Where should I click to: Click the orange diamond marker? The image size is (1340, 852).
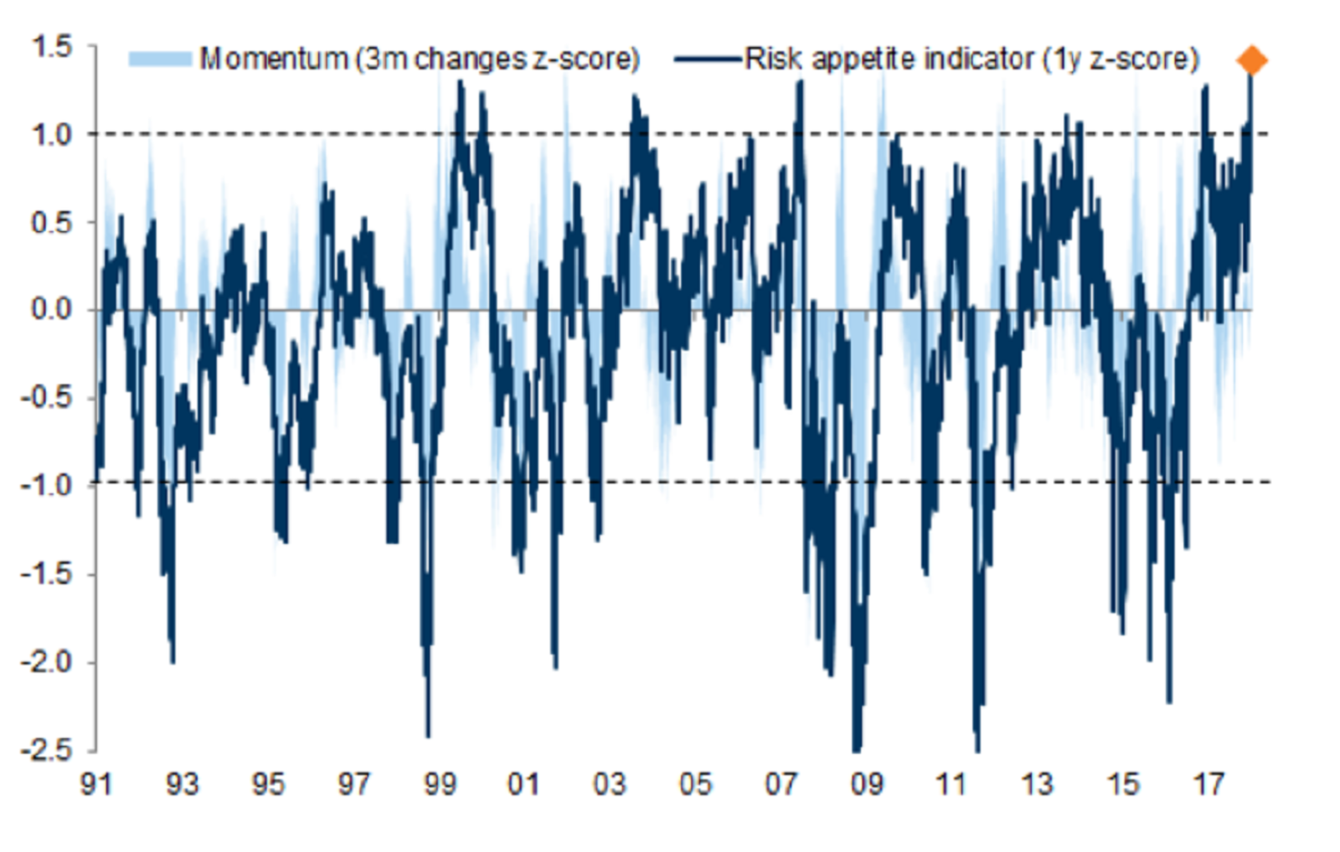[x=1252, y=60]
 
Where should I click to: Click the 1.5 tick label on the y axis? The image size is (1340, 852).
[x=52, y=47]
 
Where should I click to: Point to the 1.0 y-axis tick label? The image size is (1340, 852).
[x=52, y=134]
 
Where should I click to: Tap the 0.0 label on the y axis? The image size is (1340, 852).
[x=52, y=309]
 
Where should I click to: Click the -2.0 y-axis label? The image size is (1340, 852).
[x=47, y=661]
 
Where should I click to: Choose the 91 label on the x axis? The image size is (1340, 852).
[x=96, y=784]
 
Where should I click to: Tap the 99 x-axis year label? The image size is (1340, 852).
[x=440, y=784]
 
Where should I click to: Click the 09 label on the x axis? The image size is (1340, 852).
[x=867, y=784]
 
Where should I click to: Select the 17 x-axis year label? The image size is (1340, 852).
[x=1209, y=784]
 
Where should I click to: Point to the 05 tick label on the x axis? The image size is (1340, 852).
[x=695, y=784]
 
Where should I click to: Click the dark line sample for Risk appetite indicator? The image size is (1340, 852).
[x=709, y=59]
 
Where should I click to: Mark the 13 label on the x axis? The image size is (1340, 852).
[x=1037, y=784]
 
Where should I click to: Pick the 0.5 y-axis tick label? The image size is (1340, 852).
[x=52, y=222]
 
